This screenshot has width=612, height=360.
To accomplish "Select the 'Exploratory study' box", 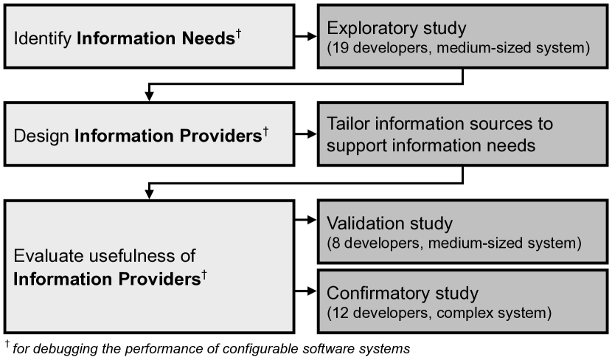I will [463, 36].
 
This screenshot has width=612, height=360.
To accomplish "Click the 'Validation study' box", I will [463, 231].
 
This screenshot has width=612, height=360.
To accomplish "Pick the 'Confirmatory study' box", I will [463, 302].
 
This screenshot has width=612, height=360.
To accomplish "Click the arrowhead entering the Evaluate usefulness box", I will [150, 193].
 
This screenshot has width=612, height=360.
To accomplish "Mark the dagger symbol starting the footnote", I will [7, 343].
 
